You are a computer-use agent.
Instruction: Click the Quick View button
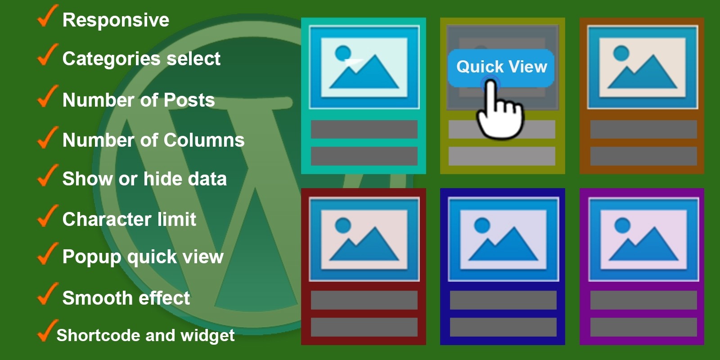coord(501,67)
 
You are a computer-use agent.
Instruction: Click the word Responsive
coord(116,20)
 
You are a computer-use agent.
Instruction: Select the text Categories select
coord(141,59)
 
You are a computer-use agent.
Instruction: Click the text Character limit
coord(129,220)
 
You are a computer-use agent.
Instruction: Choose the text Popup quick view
coord(143,257)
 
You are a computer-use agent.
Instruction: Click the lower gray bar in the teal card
coord(364,156)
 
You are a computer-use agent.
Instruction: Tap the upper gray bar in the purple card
coord(643,300)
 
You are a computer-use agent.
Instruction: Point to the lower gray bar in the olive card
coord(502,156)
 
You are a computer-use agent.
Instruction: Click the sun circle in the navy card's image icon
coord(482,225)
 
